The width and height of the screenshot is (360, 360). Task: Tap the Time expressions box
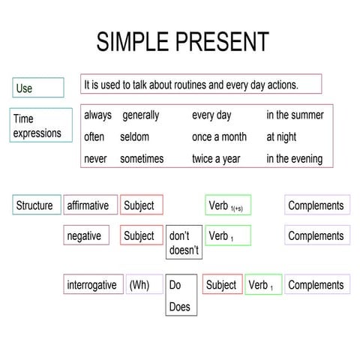pyautogui.click(x=42, y=125)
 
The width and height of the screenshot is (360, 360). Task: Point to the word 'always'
pyautogui.click(x=97, y=115)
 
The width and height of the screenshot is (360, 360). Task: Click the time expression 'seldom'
pyautogui.click(x=134, y=137)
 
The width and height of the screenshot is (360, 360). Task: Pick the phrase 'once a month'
pyautogui.click(x=219, y=137)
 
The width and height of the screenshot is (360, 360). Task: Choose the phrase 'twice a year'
pyautogui.click(x=217, y=159)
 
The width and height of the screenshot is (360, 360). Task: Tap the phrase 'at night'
pyautogui.click(x=281, y=137)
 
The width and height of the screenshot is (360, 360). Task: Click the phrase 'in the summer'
pyautogui.click(x=295, y=115)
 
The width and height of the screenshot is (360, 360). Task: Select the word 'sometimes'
pyautogui.click(x=142, y=159)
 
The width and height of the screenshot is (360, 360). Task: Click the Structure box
pyautogui.click(x=35, y=205)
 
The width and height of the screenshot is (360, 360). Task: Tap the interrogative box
pyautogui.click(x=92, y=285)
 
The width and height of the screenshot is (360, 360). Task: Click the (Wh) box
pyautogui.click(x=143, y=285)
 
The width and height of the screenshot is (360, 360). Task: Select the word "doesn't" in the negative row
pyautogui.click(x=184, y=250)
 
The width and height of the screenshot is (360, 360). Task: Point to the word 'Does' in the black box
pyautogui.click(x=180, y=307)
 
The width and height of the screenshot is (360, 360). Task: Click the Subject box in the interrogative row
pyautogui.click(x=222, y=285)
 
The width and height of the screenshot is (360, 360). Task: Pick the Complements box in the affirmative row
pyautogui.click(x=316, y=205)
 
